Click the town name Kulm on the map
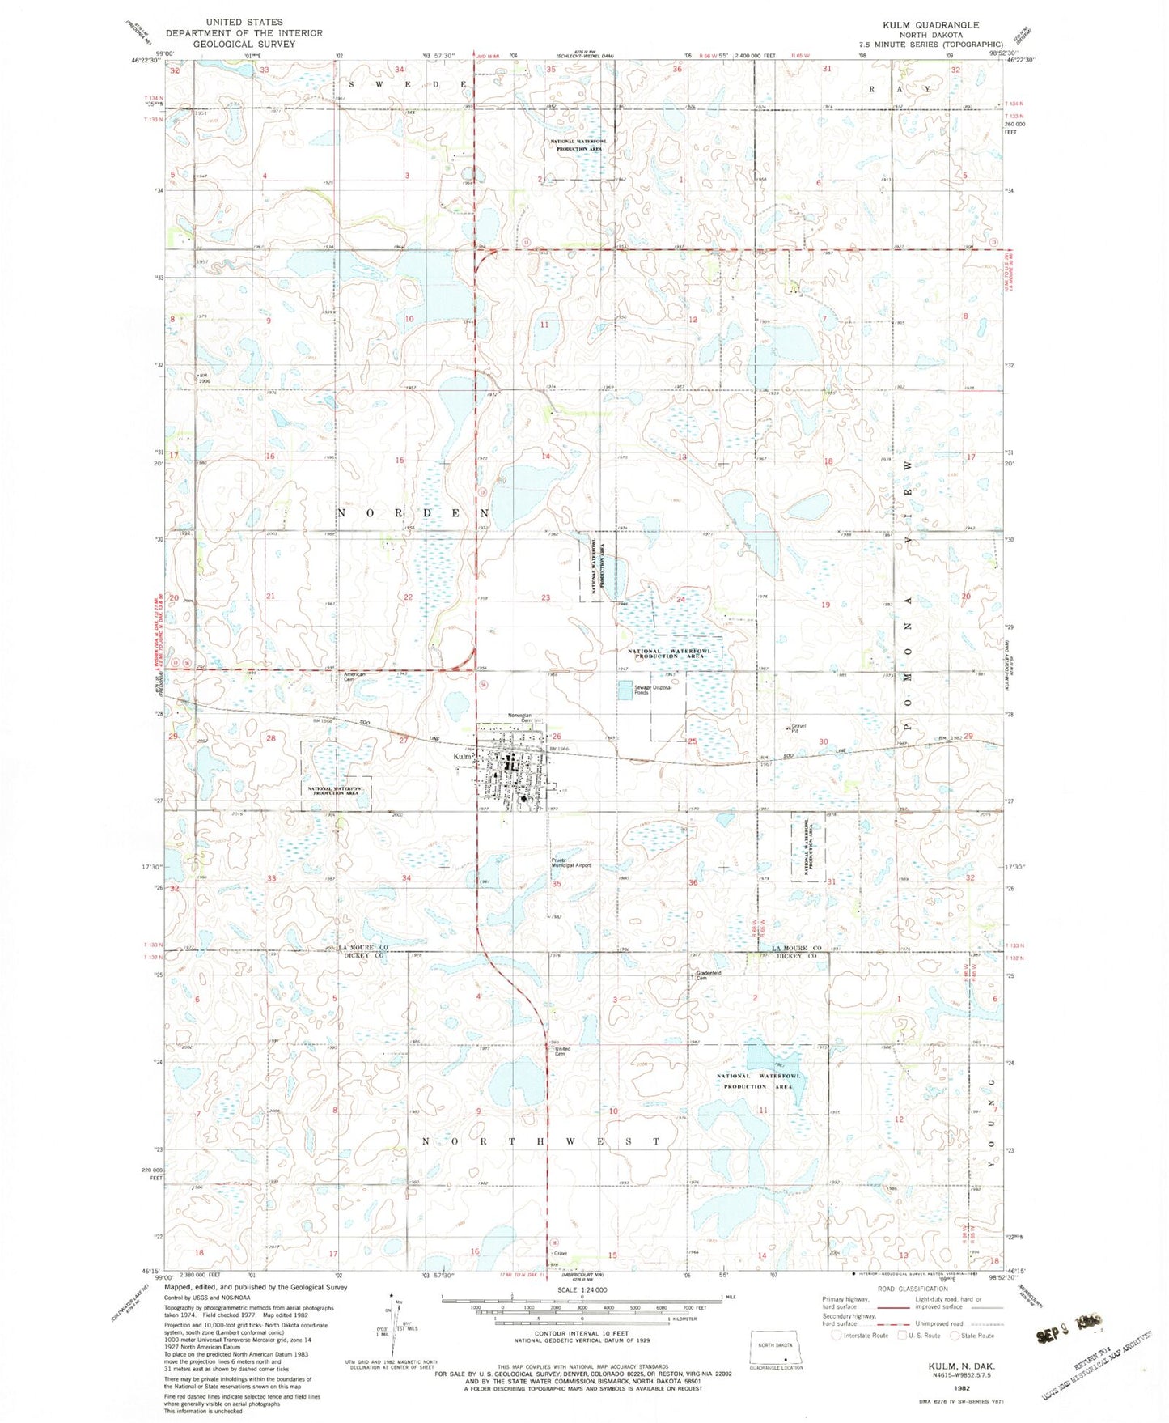coord(462,756)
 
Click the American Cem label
coord(355,677)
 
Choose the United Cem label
coord(562,1051)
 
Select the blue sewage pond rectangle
coord(624,690)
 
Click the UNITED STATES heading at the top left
coord(244,22)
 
